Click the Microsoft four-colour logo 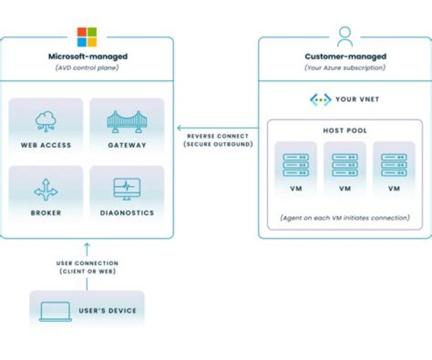pos(87,37)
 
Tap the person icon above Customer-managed pos(345,37)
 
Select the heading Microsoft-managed pos(88,56)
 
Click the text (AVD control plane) pos(88,67)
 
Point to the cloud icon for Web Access pos(46,121)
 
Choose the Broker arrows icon pos(46,189)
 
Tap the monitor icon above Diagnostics pos(127,188)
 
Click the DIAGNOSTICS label pos(127,213)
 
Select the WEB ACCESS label pos(46,145)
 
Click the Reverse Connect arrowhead pos(179,128)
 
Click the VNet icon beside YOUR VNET pos(320,99)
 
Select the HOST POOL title pos(344,130)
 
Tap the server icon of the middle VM pos(344,165)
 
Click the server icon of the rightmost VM pos(394,165)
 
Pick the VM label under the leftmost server pos(296,188)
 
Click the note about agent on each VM pos(344,218)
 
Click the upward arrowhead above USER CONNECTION pos(87,245)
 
